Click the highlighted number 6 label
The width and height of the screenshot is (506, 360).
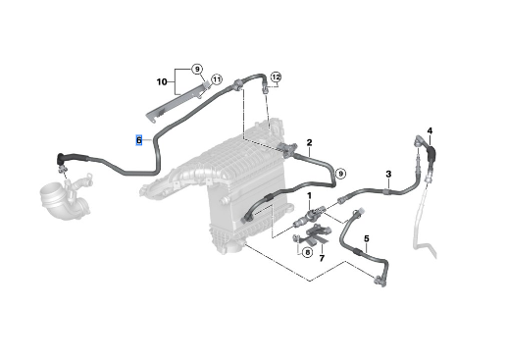(x=139, y=140)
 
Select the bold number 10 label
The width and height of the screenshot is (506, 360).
(x=162, y=81)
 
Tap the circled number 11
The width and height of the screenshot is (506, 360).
(x=217, y=79)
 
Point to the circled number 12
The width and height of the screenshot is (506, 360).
(x=276, y=77)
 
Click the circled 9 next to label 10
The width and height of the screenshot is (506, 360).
(x=197, y=70)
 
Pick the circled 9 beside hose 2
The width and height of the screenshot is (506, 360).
(x=340, y=174)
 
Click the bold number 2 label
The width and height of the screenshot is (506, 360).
(x=309, y=142)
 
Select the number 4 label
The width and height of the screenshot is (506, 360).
(x=430, y=130)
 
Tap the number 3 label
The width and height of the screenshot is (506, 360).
(x=388, y=174)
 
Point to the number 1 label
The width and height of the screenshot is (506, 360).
(x=309, y=196)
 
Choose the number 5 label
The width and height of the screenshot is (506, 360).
(x=366, y=238)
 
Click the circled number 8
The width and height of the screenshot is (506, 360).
(x=307, y=252)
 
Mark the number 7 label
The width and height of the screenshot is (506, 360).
(x=322, y=258)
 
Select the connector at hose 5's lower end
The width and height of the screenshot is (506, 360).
(x=379, y=281)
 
